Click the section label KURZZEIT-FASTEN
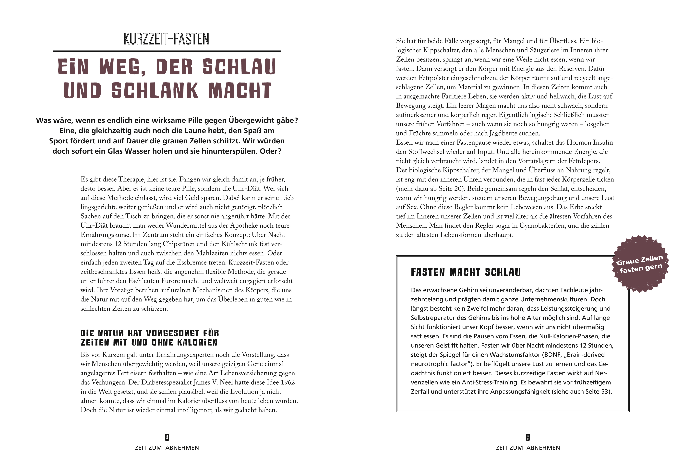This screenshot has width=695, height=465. coord(166,39)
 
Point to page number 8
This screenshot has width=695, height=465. coord(167,437)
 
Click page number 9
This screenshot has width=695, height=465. coord(528,437)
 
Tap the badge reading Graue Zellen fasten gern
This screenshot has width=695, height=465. coord(640,264)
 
